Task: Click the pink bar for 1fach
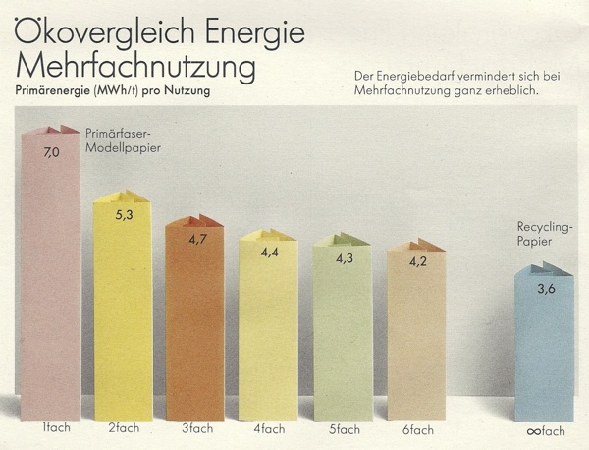pyautogui.click(x=50, y=285)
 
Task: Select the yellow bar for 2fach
pyautogui.click(x=123, y=314)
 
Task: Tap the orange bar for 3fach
pyautogui.click(x=194, y=324)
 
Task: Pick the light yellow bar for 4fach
pyautogui.click(x=268, y=329)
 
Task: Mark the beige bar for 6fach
pyautogui.click(x=415, y=334)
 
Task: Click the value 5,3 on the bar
pyautogui.click(x=123, y=215)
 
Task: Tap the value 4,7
pyautogui.click(x=195, y=239)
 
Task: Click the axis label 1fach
pyautogui.click(x=54, y=428)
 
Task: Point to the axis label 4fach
pyautogui.click(x=269, y=429)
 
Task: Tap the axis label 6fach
pyautogui.click(x=417, y=429)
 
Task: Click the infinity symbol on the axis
pyautogui.click(x=531, y=431)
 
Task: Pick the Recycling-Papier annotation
pyautogui.click(x=544, y=233)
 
